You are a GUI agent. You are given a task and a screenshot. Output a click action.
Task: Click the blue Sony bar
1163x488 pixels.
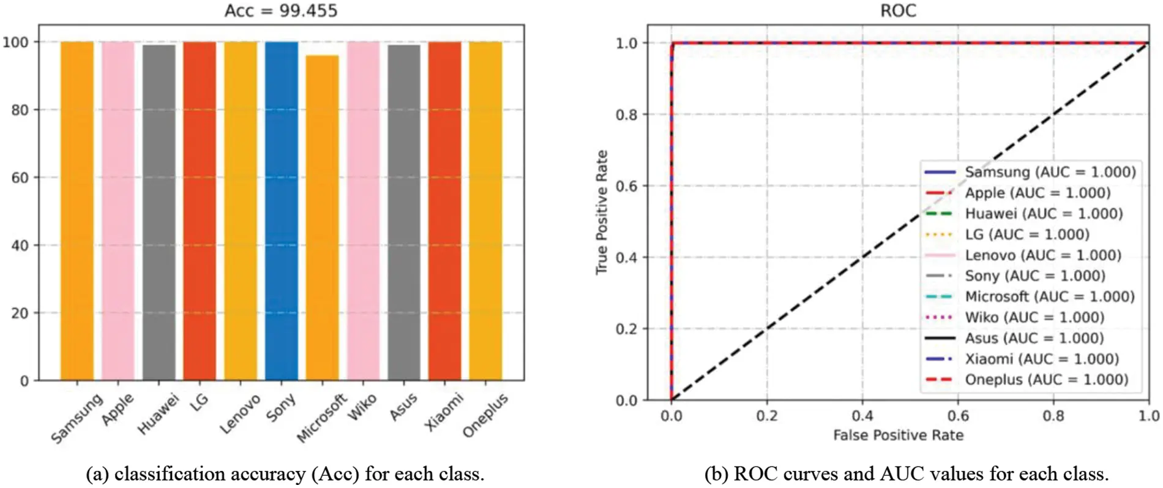281,211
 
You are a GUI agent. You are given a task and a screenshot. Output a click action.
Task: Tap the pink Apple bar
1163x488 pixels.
118,211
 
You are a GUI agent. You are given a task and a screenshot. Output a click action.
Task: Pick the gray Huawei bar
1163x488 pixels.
159,212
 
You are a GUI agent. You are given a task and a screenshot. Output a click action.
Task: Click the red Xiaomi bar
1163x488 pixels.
444,211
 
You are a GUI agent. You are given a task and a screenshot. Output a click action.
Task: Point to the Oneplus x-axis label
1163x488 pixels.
485,415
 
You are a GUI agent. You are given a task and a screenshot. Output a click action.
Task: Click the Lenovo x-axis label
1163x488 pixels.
241,414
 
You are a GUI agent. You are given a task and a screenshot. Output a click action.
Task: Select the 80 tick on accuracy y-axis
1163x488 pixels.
20,110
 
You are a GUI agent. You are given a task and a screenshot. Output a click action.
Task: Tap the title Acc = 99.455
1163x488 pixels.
281,11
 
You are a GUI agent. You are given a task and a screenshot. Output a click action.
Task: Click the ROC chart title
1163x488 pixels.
897,11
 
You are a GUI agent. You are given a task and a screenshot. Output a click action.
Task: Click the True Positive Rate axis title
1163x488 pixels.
602,212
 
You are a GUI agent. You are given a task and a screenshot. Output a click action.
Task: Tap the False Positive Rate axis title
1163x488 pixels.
898,435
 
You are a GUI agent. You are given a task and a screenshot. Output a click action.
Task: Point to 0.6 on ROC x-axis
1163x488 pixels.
958,416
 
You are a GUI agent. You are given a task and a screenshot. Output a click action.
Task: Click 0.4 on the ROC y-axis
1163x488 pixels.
626,258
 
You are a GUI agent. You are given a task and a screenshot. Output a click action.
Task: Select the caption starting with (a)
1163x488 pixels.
285,474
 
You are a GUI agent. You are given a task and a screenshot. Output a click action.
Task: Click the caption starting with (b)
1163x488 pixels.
907,474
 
